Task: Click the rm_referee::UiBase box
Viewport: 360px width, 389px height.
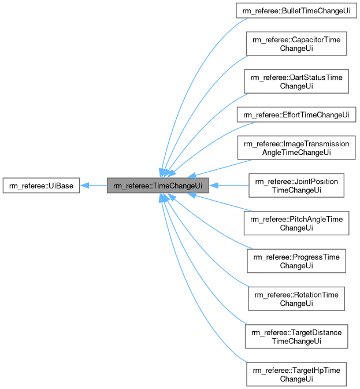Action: [x=41, y=186]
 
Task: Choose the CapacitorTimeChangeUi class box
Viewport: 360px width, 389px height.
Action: [x=296, y=44]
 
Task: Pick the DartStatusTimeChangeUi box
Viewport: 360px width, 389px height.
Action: [x=296, y=81]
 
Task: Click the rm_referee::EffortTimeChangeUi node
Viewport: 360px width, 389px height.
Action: [x=296, y=115]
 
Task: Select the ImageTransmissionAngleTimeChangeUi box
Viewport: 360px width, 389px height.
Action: [x=296, y=147]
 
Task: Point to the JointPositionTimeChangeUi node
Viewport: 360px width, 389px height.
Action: [x=296, y=186]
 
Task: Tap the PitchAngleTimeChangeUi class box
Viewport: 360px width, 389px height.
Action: [x=296, y=223]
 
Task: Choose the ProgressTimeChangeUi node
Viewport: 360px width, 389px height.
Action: [x=296, y=261]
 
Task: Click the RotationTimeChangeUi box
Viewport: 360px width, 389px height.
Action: [x=296, y=299]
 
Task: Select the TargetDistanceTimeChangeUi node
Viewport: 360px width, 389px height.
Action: [x=296, y=336]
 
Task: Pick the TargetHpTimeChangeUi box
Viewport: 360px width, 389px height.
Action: [x=296, y=375]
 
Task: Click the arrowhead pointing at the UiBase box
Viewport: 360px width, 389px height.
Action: [x=84, y=186]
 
